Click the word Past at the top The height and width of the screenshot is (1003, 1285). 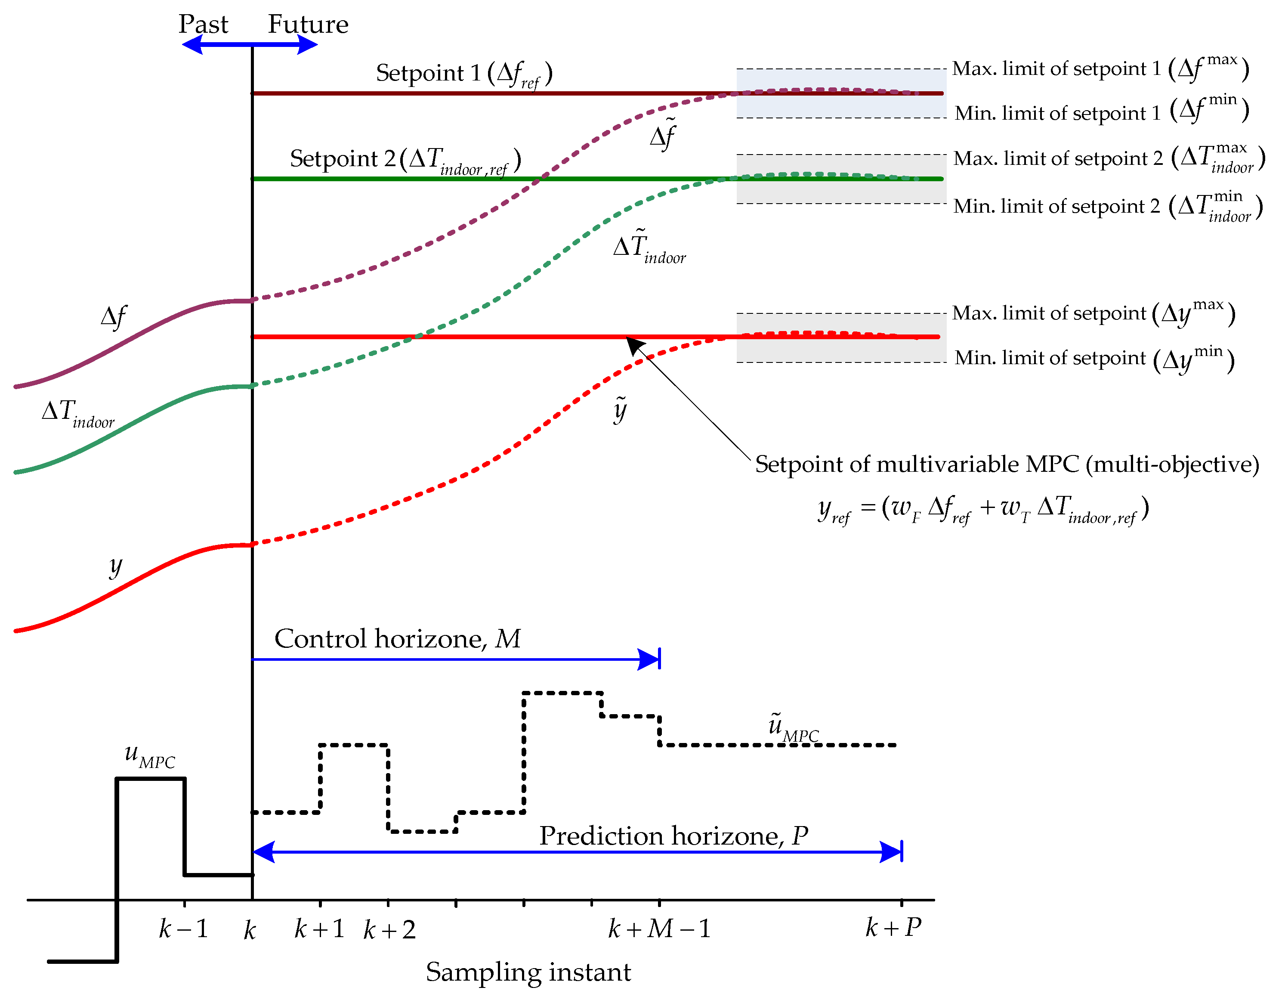tap(203, 24)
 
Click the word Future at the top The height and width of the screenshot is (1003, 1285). tap(308, 24)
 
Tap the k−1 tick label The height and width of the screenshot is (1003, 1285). tap(184, 929)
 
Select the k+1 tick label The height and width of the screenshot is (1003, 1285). tap(319, 929)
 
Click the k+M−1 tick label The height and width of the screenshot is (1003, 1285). tap(659, 929)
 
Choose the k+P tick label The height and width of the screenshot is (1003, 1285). tap(893, 928)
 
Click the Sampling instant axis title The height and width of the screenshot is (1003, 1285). tap(528, 972)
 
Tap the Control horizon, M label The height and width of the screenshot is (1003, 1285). tap(397, 639)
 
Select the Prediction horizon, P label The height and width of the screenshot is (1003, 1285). tap(673, 836)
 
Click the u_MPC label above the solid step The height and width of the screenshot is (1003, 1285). tap(149, 755)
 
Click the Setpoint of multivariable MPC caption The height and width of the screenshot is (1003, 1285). tap(1007, 464)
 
